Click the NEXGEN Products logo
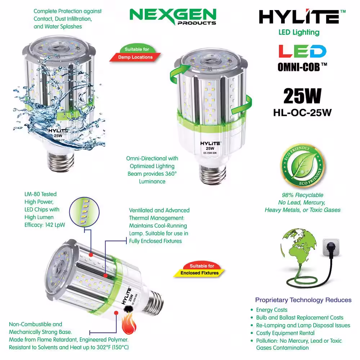coord(173,17)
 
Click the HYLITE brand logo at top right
coord(302,17)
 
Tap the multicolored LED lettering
coord(302,51)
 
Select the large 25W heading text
coord(302,96)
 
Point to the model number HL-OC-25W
coord(302,113)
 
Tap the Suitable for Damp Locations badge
coord(135,54)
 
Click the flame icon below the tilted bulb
coord(129,324)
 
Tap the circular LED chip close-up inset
coord(84,212)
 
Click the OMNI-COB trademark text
coord(302,67)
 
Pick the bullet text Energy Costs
coord(271,310)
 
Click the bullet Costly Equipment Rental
coord(285,333)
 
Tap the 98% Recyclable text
coord(302,195)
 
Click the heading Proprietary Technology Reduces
coord(303,300)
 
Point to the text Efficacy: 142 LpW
coord(45,225)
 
